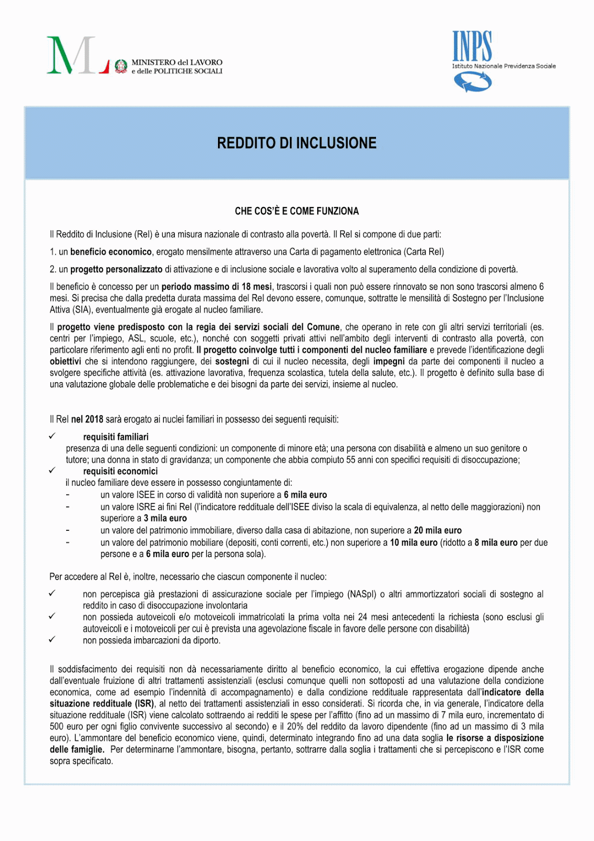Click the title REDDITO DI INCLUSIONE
pyautogui.click(x=297, y=143)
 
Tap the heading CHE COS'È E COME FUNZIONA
pyautogui.click(x=297, y=211)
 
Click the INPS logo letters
pyautogui.click(x=472, y=46)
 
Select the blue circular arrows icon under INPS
pyautogui.click(x=473, y=82)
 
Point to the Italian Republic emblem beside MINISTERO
pyautogui.click(x=121, y=66)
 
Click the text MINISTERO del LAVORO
pyautogui.click(x=176, y=62)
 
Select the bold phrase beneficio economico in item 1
pyautogui.click(x=111, y=252)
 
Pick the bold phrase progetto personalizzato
pyautogui.click(x=117, y=269)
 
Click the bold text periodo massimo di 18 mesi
pyautogui.click(x=216, y=286)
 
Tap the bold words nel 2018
pyautogui.click(x=87, y=419)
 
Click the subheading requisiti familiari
pyautogui.click(x=116, y=437)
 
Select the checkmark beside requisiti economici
pyautogui.click(x=52, y=470)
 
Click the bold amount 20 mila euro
pyautogui.click(x=437, y=530)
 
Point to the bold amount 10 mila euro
pyautogui.click(x=413, y=542)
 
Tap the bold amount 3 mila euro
pyautogui.click(x=165, y=518)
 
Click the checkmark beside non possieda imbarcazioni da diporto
pyautogui.click(x=52, y=640)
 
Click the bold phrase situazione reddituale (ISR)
pyautogui.click(x=102, y=703)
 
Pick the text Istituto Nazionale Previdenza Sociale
pyautogui.click(x=504, y=66)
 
